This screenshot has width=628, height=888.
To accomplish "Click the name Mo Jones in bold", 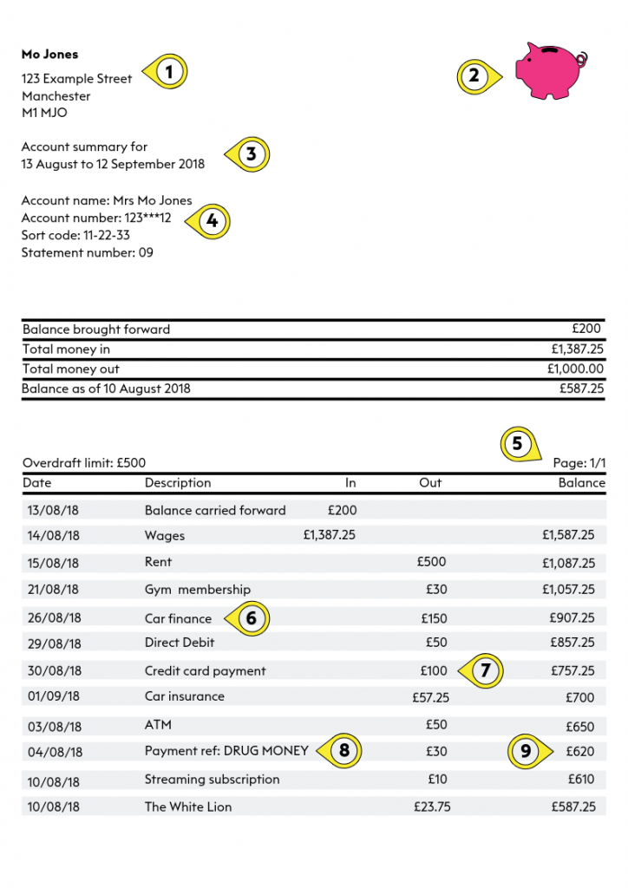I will [49, 54].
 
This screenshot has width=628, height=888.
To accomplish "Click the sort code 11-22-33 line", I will [75, 235].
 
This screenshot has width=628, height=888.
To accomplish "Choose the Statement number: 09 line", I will [87, 253].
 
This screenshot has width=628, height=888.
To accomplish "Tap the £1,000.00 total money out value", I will [577, 369].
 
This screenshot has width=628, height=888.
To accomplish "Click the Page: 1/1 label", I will [579, 463].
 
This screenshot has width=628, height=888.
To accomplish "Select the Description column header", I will [178, 483].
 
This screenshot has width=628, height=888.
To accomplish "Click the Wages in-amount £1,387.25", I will [329, 535].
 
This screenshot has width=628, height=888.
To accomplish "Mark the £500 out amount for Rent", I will [431, 562].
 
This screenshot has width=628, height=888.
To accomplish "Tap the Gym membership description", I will [197, 590].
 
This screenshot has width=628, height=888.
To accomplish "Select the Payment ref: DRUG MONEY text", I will [226, 751].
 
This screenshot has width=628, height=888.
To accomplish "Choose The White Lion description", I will [187, 806].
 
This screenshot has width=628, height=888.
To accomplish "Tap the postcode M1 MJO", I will [44, 113].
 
